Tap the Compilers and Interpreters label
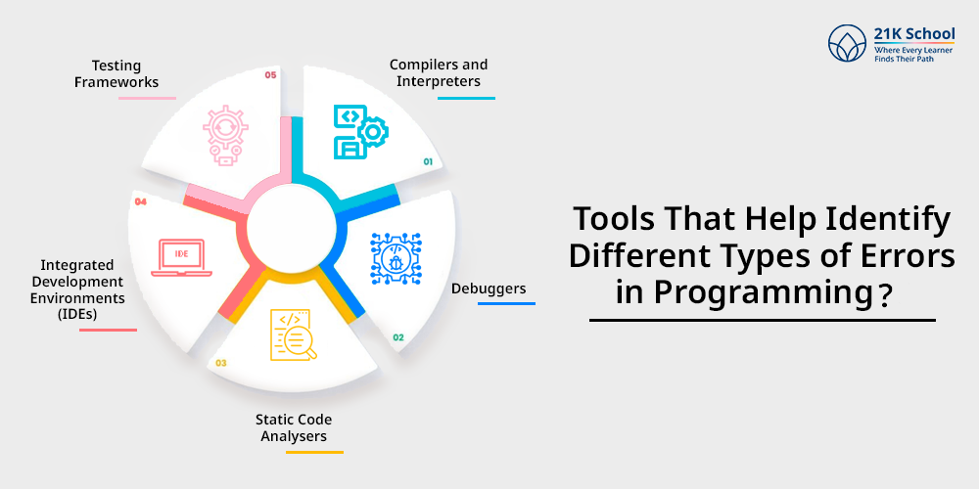[x=438, y=73]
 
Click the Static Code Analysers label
[x=295, y=428]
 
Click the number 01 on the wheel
[x=428, y=160]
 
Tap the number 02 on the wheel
[x=398, y=337]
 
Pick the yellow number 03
[x=221, y=363]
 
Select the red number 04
[x=140, y=201]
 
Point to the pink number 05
[x=270, y=74]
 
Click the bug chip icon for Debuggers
[x=396, y=257]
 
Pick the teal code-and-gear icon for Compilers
[x=360, y=131]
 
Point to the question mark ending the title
[x=885, y=293]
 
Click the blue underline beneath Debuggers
[x=506, y=304]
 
